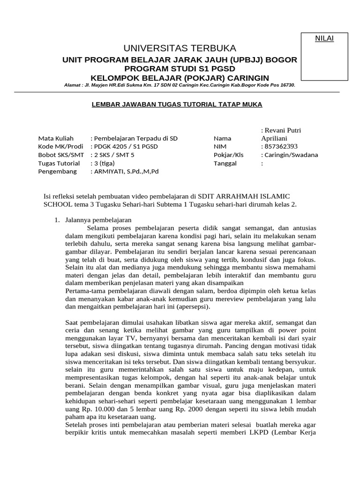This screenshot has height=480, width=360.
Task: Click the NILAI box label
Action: tap(324, 38)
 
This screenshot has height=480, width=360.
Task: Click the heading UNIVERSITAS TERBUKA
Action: tap(180, 48)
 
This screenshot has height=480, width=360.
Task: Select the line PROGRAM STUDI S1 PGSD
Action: tap(180, 69)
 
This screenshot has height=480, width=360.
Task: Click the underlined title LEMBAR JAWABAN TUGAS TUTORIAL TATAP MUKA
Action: tap(176, 104)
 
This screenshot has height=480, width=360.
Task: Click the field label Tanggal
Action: tap(225, 163)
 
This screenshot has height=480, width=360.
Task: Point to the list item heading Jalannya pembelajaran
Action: tap(98, 219)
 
